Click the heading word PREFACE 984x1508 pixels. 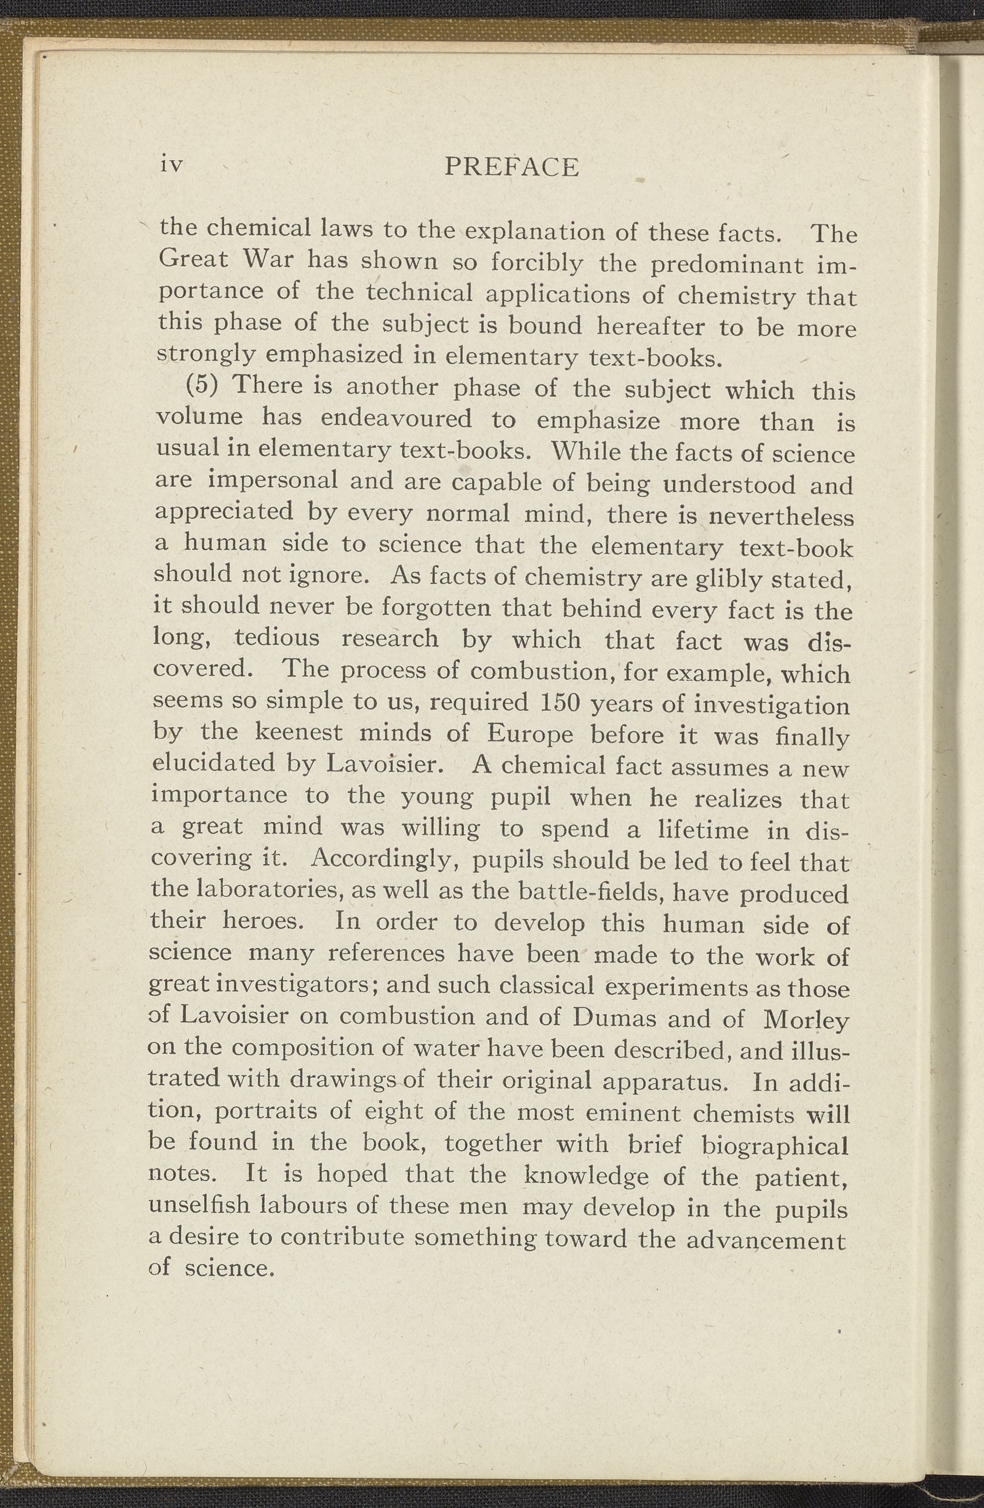[x=512, y=167]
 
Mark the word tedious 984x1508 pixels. [x=277, y=637]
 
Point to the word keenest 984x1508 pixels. [x=299, y=733]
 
